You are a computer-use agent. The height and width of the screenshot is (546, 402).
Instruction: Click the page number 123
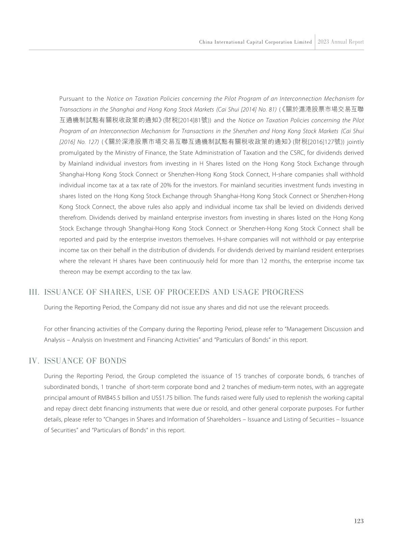(x=359, y=521)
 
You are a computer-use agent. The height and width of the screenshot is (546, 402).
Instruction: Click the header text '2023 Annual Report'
(x=341, y=42)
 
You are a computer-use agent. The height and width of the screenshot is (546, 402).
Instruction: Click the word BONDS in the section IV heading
(x=113, y=361)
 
